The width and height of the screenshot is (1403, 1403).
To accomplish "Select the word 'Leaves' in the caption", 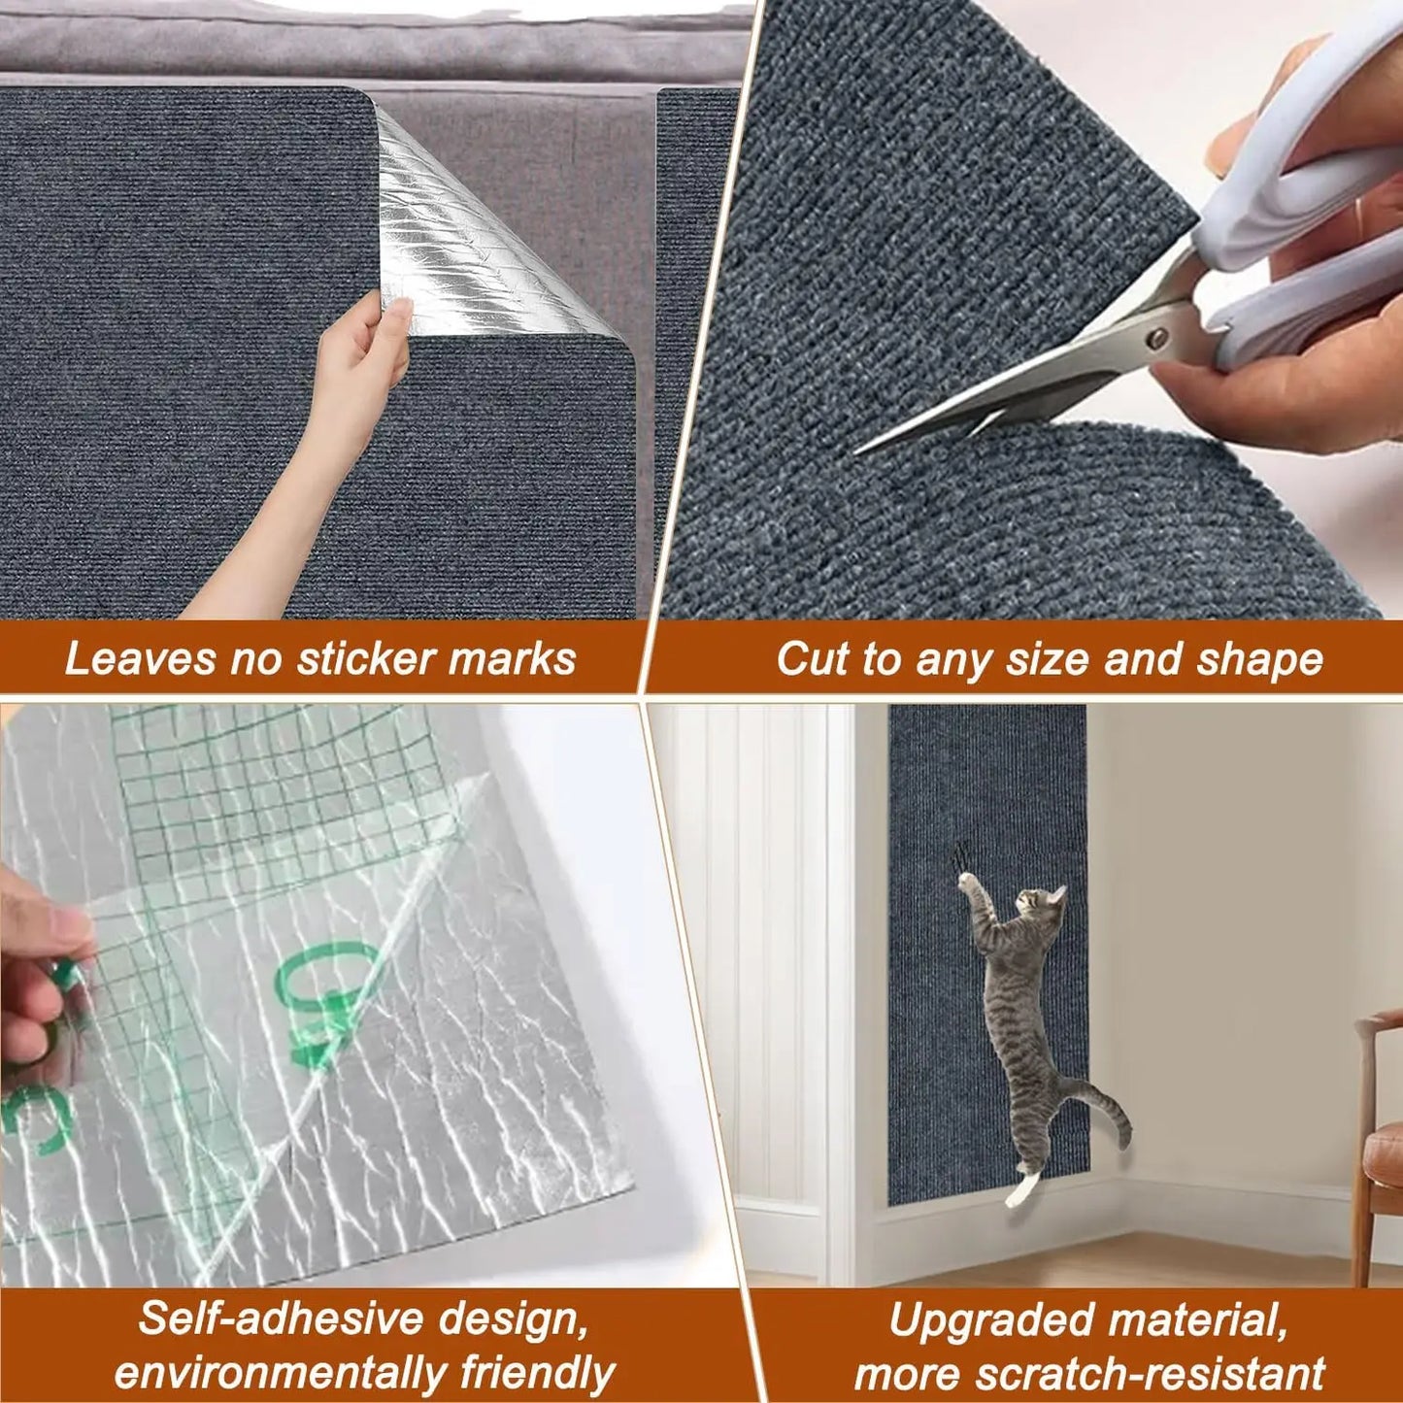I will [x=139, y=658].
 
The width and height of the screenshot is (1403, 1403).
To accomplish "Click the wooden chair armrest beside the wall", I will [x=1379, y=1019].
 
